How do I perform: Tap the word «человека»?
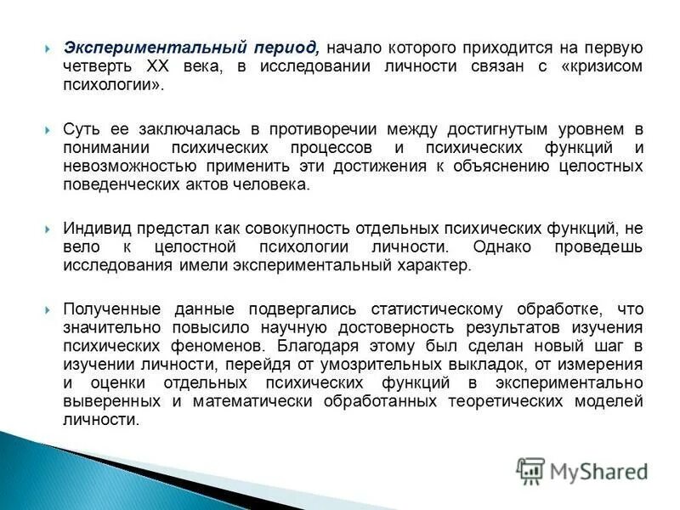tap(275, 185)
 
